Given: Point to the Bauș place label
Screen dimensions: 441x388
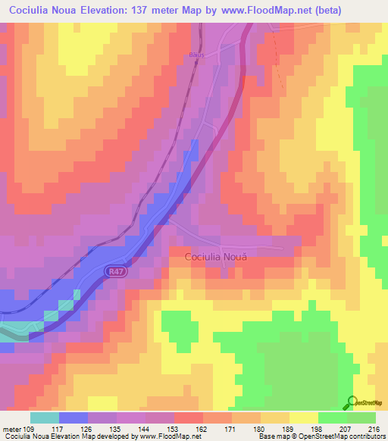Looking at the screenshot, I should [x=197, y=55].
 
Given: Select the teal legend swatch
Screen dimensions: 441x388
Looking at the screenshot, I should [x=45, y=418].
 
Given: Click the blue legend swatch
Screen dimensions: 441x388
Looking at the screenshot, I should [x=74, y=418].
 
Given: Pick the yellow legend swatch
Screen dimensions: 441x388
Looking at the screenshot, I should [x=303, y=418].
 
